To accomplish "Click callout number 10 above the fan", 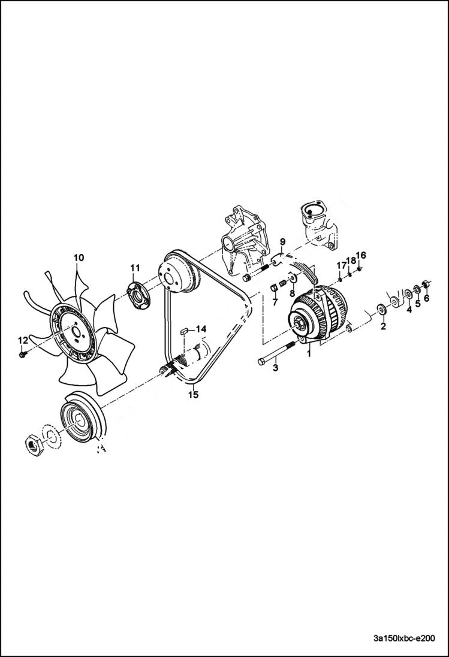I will [x=79, y=258].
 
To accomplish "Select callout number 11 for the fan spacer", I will [x=134, y=267].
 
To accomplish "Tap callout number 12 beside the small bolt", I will [x=22, y=340].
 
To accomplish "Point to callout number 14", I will [x=200, y=329].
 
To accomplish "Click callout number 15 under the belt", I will [x=192, y=395].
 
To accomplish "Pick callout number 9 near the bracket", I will [x=282, y=243].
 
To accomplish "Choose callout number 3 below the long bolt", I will [x=275, y=368].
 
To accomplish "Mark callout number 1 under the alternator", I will [x=309, y=354].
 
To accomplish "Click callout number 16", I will [x=361, y=255].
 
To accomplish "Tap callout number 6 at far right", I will [x=427, y=298].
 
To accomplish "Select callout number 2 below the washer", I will [x=383, y=326].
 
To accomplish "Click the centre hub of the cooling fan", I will [x=76, y=329].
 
